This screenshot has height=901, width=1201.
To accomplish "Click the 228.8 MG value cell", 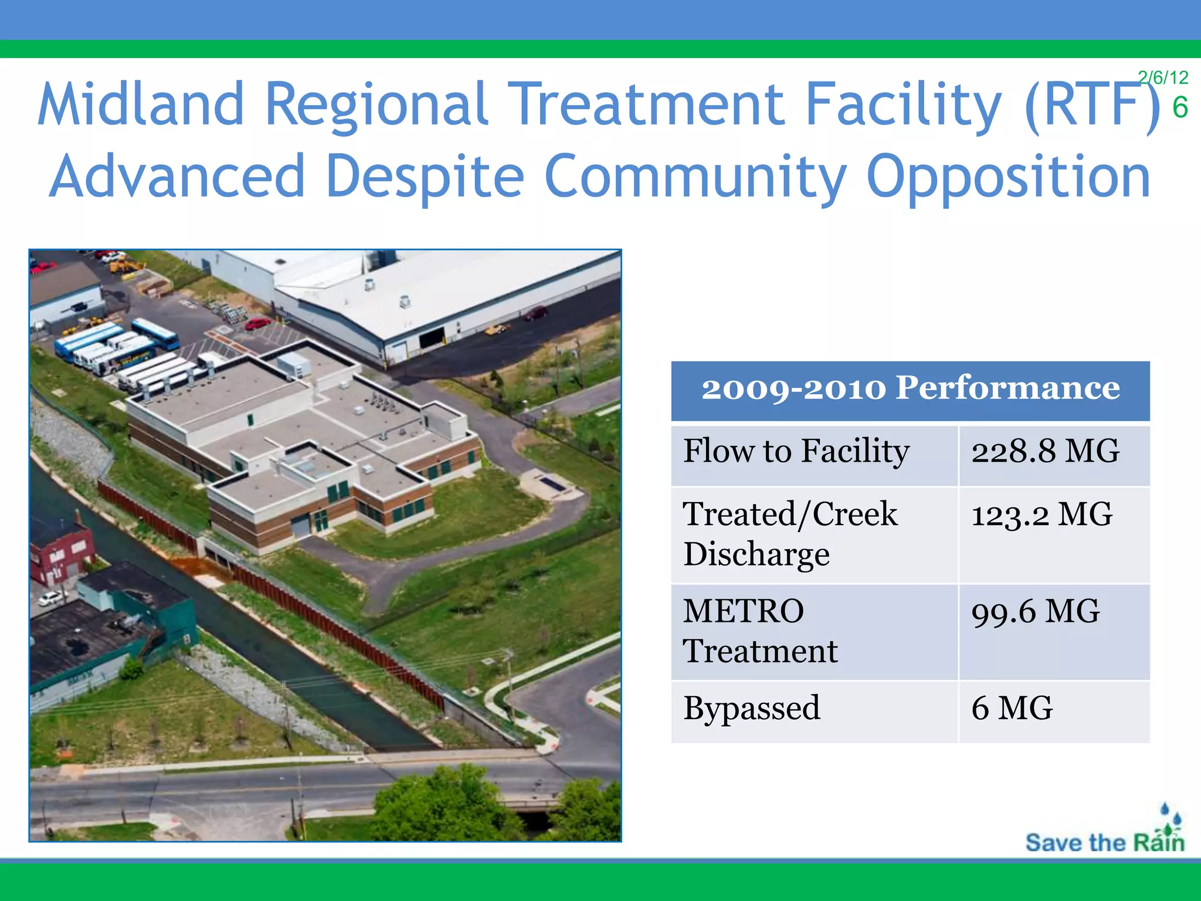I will tap(1045, 452).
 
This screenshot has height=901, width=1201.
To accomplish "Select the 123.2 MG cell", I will tap(1041, 515).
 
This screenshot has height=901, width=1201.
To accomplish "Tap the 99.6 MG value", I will tap(1035, 612).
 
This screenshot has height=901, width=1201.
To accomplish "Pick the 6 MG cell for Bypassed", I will tap(1012, 709).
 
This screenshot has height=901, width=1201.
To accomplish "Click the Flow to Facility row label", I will tap(796, 452).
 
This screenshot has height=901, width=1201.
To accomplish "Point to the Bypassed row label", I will tap(751, 709).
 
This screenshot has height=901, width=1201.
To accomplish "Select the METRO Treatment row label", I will tap(760, 631).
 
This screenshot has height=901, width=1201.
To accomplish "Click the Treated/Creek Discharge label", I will tap(789, 534).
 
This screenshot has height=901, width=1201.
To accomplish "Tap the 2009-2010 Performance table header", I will tap(910, 389).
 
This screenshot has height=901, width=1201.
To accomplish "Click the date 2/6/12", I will tap(1162, 77).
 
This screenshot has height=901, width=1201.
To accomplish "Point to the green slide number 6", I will tap(1180, 108).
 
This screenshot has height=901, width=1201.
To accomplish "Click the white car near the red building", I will tap(52, 599).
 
